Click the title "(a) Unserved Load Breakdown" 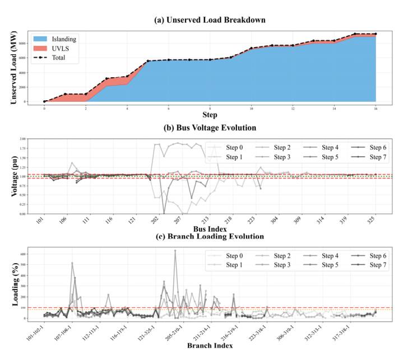(210, 20)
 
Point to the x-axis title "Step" (210, 115)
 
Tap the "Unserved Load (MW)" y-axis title (14, 67)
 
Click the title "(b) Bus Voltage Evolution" (210, 128)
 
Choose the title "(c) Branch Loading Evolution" (210, 236)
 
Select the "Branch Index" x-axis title (210, 346)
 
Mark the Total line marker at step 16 (376, 34)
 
